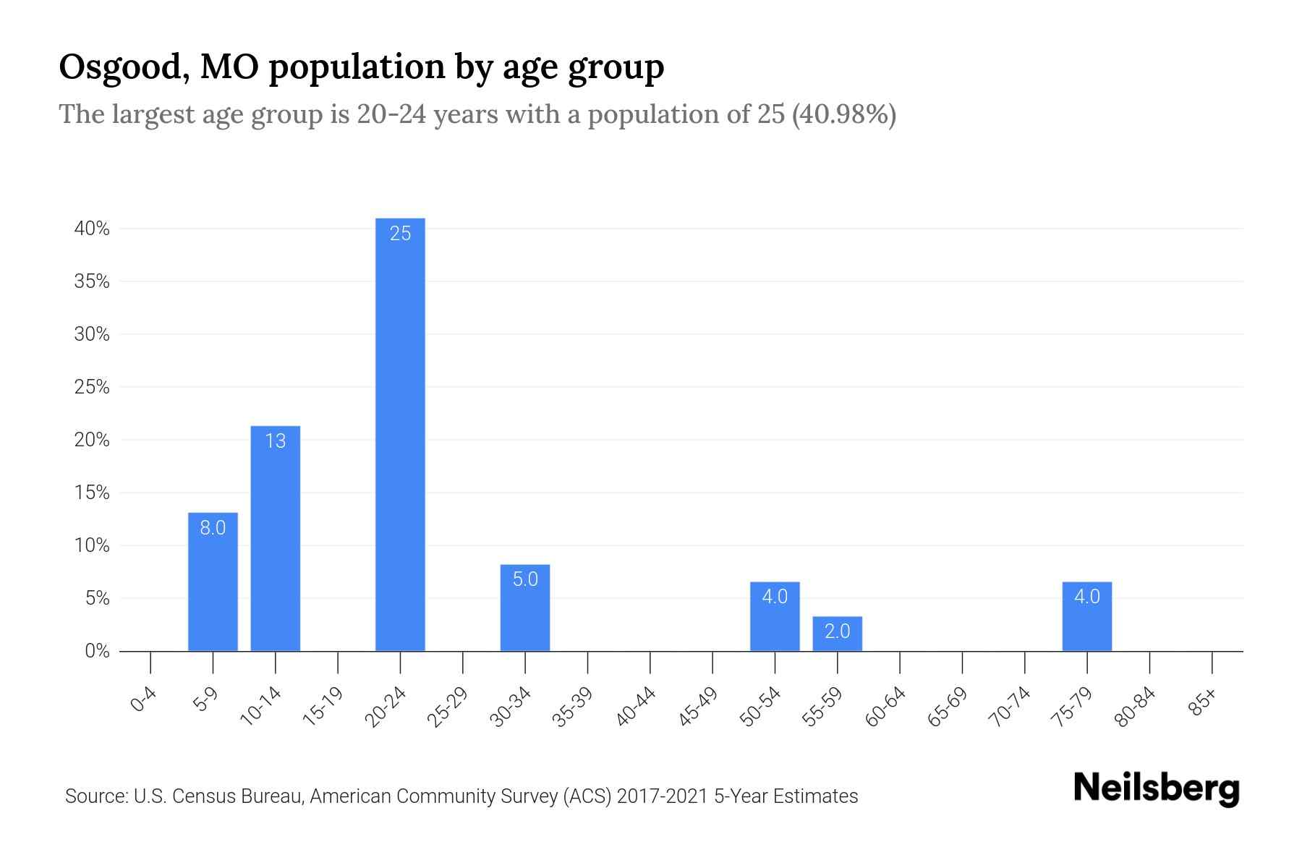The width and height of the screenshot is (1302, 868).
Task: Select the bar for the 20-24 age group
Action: [400, 434]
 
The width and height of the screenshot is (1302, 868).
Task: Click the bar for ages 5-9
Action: [213, 582]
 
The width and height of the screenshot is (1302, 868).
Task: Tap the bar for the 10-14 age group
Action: [275, 539]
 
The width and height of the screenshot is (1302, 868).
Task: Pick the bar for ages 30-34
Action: [525, 608]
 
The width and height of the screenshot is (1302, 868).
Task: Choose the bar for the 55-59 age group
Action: [837, 634]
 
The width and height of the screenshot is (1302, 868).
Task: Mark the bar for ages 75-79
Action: [1086, 617]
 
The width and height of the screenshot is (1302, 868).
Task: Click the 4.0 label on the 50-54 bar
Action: [775, 597]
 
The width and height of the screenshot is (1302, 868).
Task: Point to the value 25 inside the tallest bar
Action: [400, 234]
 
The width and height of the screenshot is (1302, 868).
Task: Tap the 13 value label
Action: [275, 441]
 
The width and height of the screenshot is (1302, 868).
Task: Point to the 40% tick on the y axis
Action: [92, 229]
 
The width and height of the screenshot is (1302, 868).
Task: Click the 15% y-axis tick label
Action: [92, 493]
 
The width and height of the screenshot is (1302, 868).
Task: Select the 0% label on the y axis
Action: [97, 652]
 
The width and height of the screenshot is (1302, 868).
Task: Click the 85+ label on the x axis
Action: [1203, 702]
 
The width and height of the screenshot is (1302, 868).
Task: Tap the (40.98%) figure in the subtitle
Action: [844, 114]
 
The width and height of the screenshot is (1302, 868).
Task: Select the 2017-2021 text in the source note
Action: [663, 796]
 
